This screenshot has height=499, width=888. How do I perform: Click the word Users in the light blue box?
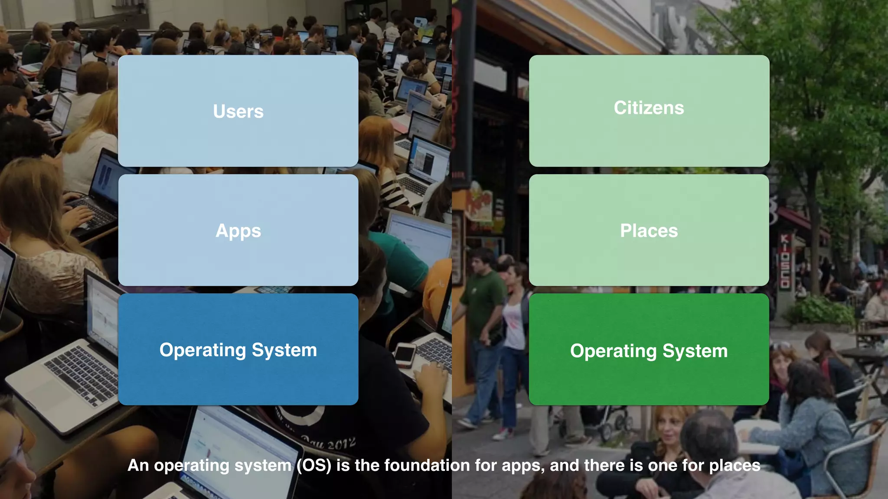tap(238, 112)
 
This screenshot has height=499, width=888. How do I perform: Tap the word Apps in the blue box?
tap(238, 231)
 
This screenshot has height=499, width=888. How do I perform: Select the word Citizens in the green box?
tap(649, 108)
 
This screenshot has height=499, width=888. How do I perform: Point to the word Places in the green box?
tap(649, 231)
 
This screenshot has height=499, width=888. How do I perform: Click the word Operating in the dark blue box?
tap(202, 350)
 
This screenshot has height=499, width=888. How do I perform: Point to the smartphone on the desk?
tap(405, 354)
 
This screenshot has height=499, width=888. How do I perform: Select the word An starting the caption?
tap(138, 465)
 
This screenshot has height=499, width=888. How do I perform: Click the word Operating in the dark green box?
tap(613, 351)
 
